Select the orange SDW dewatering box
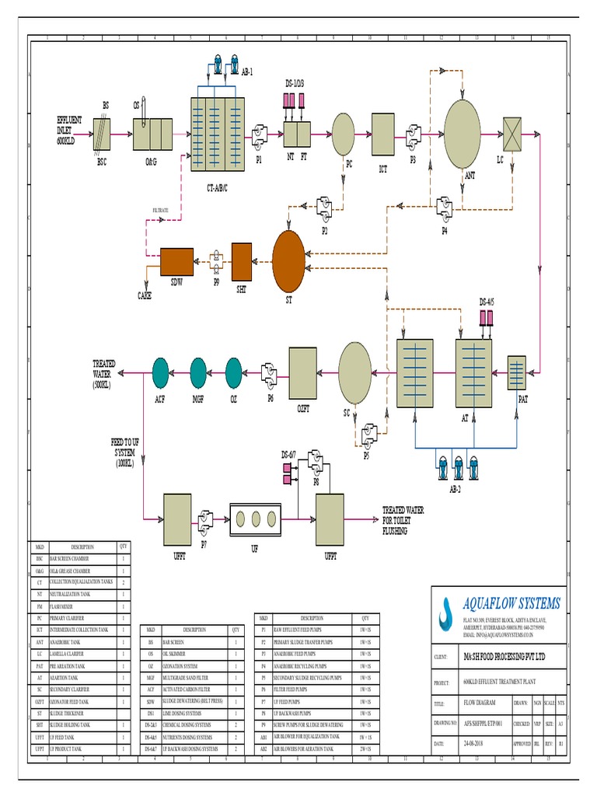(x=177, y=259)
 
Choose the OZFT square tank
(x=302, y=371)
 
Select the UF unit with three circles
(x=254, y=518)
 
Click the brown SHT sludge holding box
(x=242, y=259)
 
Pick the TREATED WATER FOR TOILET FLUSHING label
(x=403, y=520)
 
